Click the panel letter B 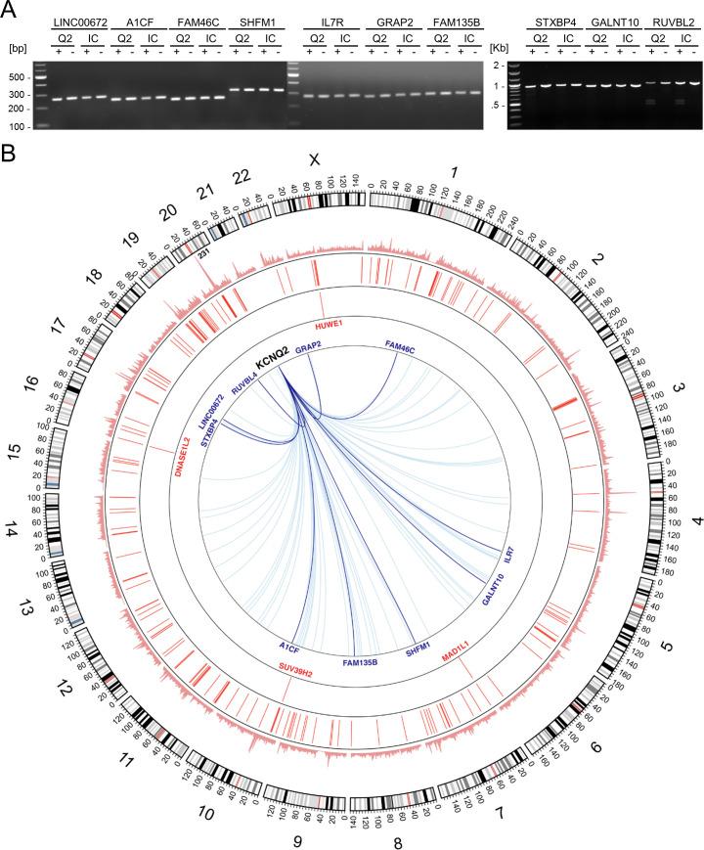tap(9, 154)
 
